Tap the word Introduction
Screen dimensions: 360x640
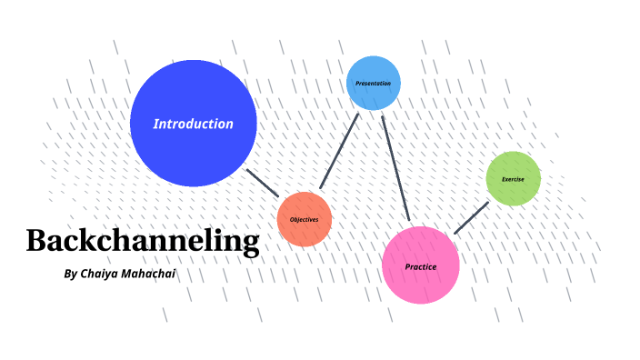(x=193, y=124)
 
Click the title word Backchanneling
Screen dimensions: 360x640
(x=143, y=241)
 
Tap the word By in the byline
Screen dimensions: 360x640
(x=72, y=273)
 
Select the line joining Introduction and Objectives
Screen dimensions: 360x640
(x=263, y=182)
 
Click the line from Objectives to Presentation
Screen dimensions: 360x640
(x=339, y=151)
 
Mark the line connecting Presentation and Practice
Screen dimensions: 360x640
(x=395, y=168)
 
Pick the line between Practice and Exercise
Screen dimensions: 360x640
(x=471, y=217)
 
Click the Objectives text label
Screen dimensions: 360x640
(x=304, y=220)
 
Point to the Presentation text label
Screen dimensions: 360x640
(x=373, y=84)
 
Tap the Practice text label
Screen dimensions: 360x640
(x=421, y=266)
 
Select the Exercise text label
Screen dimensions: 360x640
(x=513, y=179)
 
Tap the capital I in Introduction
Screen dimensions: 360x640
(x=155, y=124)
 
